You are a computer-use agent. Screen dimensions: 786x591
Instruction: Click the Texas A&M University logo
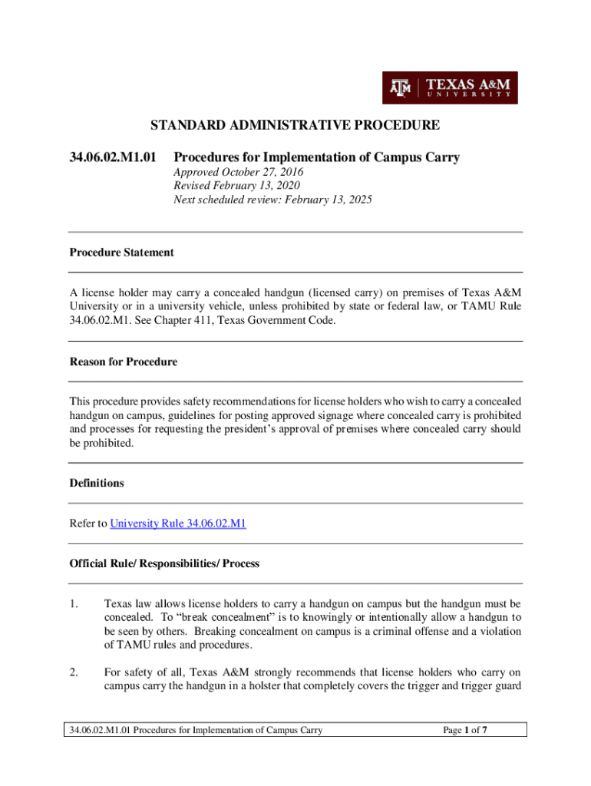[x=450, y=88]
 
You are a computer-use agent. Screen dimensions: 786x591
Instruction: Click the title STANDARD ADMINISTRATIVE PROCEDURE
[x=295, y=124]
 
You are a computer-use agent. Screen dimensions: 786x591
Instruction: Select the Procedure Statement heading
[x=121, y=252]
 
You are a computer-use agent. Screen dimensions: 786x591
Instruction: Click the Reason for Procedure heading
[x=123, y=362]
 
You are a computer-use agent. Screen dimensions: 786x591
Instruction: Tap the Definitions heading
[x=97, y=484]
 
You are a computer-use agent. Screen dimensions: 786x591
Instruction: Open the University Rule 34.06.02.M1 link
[x=179, y=523]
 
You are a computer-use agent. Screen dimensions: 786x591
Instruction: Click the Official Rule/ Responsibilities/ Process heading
[x=164, y=563]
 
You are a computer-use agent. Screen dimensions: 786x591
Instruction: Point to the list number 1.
[x=74, y=603]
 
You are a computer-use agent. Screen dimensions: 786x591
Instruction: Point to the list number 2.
[x=74, y=673]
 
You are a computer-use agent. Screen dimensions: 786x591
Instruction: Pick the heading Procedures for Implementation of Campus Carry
[x=316, y=157]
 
